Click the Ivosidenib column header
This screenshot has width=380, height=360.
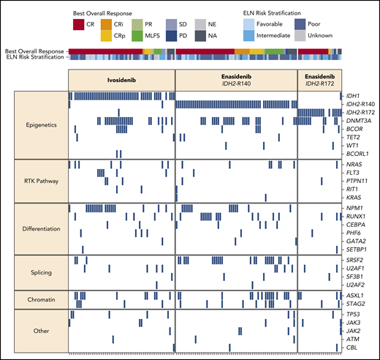click(x=121, y=78)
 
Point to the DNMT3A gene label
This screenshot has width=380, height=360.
click(x=360, y=121)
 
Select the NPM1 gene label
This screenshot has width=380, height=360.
click(x=356, y=209)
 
